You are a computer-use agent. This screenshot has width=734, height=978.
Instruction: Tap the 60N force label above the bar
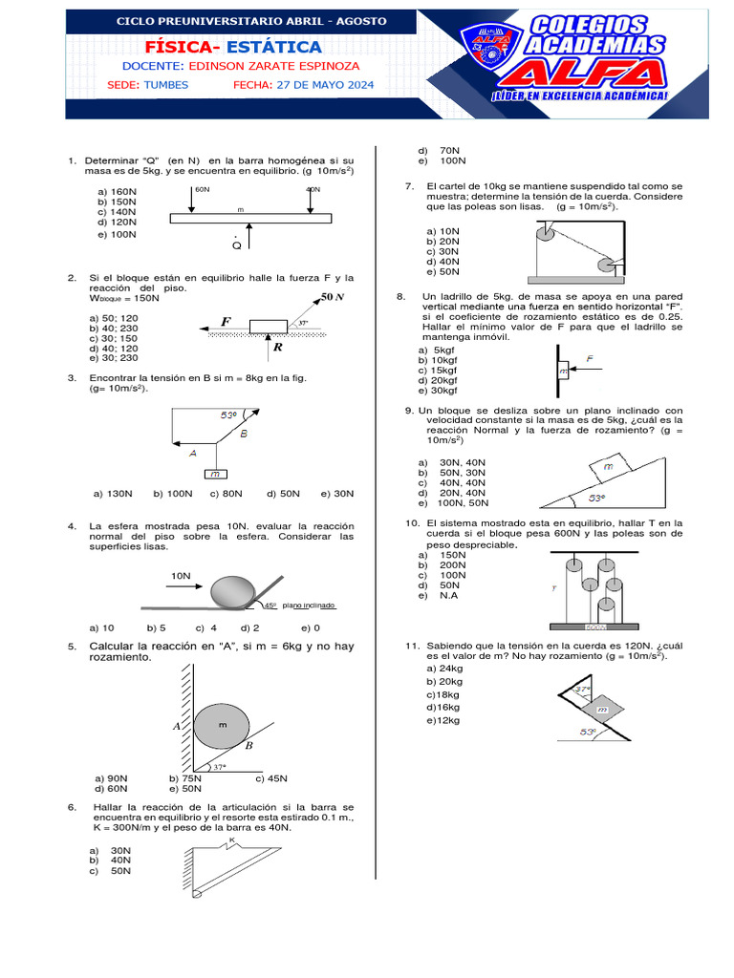202,189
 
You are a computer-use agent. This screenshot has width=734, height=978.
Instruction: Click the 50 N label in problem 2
332,297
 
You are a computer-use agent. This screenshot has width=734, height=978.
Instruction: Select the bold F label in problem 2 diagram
226,322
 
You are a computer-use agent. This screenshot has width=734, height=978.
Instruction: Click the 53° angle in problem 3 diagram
228,415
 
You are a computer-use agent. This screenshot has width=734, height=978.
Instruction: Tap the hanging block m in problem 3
216,474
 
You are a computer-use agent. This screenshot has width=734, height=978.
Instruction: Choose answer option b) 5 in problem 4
157,627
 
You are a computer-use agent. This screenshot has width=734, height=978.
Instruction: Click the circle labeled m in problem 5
223,725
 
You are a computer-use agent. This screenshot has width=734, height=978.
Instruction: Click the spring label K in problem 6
231,840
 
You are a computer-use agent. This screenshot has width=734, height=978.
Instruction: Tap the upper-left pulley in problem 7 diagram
545,231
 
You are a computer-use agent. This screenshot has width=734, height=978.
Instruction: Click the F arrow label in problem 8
590,359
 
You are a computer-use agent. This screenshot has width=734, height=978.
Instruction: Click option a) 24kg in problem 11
444,669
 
